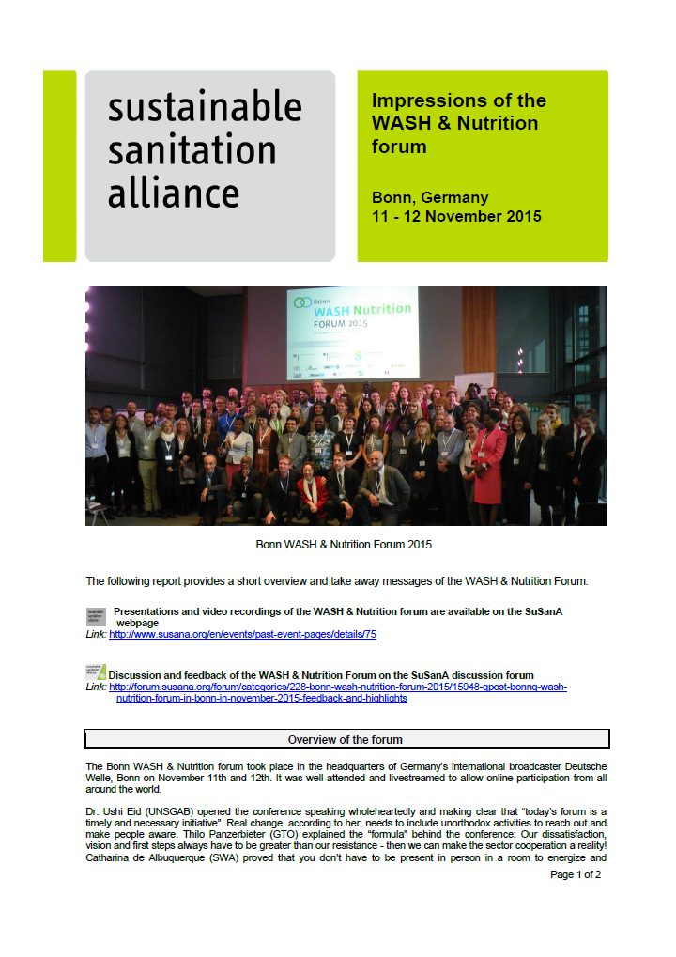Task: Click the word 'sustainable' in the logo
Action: pyautogui.click(x=205, y=106)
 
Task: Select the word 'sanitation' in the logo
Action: pyautogui.click(x=192, y=149)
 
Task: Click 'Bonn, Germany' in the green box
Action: pyautogui.click(x=430, y=198)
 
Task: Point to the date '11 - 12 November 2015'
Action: pyautogui.click(x=456, y=217)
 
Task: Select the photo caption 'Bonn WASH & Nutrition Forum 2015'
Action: pyautogui.click(x=344, y=545)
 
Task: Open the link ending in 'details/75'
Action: pyautogui.click(x=243, y=635)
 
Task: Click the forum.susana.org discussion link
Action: pyautogui.click(x=338, y=692)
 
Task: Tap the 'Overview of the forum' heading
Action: pyautogui.click(x=346, y=740)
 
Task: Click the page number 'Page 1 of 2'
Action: pyautogui.click(x=576, y=874)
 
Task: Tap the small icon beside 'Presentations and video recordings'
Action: pyautogui.click(x=95, y=616)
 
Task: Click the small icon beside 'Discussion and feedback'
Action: pyautogui.click(x=96, y=671)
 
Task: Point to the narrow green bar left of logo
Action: pyautogui.click(x=59, y=166)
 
